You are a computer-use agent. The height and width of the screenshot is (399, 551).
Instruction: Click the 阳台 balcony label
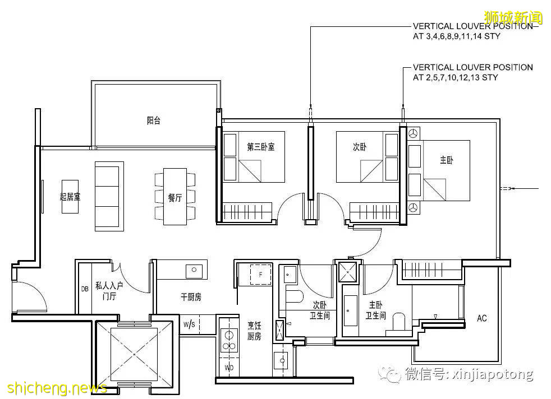(154, 120)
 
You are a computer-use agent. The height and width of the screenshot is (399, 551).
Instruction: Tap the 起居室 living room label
(70, 197)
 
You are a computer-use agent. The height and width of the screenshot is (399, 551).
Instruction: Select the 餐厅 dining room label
(175, 198)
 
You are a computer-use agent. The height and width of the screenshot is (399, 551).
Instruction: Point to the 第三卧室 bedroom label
(261, 147)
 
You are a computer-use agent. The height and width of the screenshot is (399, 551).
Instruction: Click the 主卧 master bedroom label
(446, 160)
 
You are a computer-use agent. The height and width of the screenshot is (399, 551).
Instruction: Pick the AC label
(482, 318)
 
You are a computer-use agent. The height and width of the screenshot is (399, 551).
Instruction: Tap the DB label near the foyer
(85, 289)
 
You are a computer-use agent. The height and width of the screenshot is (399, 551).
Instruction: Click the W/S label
(189, 324)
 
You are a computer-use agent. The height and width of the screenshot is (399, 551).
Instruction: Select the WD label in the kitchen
(229, 368)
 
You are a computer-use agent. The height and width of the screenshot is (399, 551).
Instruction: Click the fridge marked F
(260, 275)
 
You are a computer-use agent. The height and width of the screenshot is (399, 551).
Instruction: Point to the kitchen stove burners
(228, 340)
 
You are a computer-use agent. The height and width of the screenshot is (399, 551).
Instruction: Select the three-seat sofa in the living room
(109, 196)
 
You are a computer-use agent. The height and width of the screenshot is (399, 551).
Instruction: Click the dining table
(175, 197)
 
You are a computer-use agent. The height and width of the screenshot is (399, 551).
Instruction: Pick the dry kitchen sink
(194, 270)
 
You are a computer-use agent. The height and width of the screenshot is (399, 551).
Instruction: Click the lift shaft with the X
(134, 354)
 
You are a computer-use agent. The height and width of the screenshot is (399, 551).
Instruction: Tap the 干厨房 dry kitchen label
(191, 297)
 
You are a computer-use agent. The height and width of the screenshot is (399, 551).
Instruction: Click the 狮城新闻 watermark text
(513, 17)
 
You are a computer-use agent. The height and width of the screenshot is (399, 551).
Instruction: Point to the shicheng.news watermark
(57, 388)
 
